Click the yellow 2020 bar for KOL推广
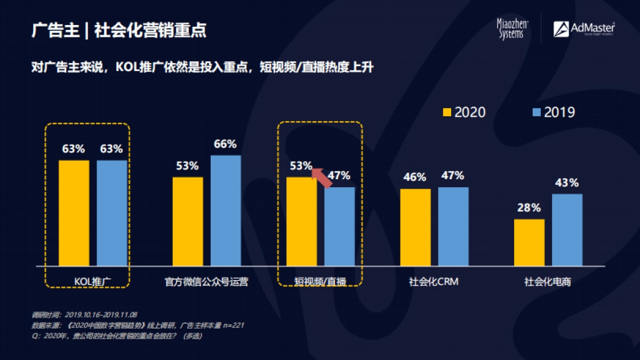coord(74,213)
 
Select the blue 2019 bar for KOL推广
coord(112,213)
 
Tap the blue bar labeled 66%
coord(226,211)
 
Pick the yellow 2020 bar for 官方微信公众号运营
coord(188,221)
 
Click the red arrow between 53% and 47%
coord(322,177)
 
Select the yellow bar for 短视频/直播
coord(301,221)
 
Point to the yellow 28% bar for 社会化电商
coord(529,242)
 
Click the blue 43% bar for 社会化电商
coord(567,230)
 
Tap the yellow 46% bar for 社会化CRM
coord(415,227)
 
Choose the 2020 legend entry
coord(464,112)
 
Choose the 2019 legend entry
coord(554,112)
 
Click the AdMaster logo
coord(584,29)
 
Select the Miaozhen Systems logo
coord(513,29)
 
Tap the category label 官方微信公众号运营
coord(206,282)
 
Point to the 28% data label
coord(529,208)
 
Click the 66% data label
coord(225,145)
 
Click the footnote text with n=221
coord(139,325)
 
